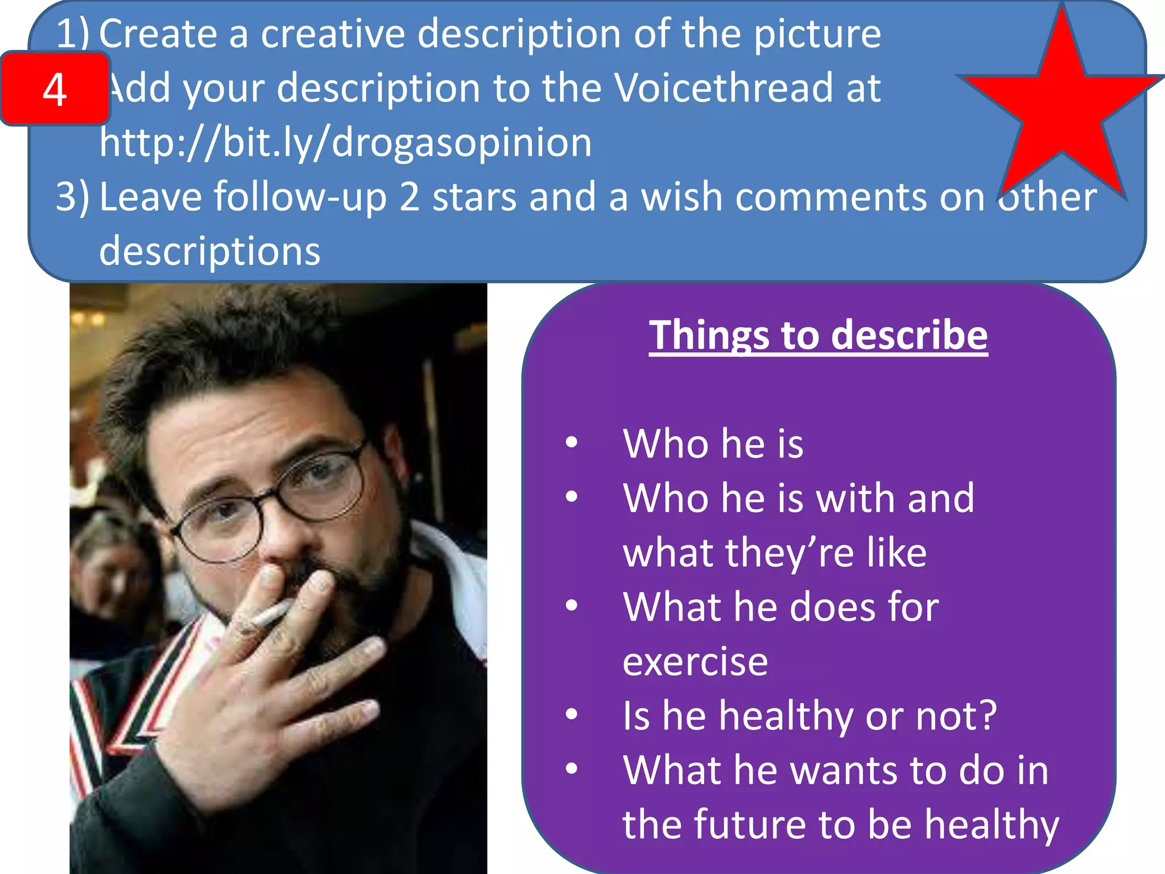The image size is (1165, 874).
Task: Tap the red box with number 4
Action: coord(55,89)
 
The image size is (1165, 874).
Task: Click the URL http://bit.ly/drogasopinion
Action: coord(345,142)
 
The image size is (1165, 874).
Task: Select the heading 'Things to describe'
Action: coord(818,335)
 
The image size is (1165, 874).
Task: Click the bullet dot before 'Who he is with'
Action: coord(572,497)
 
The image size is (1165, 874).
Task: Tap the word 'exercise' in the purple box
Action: coord(695,661)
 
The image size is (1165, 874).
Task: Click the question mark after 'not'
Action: coord(987,715)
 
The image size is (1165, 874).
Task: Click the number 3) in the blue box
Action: coord(72,197)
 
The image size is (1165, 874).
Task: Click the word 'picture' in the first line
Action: coord(817,34)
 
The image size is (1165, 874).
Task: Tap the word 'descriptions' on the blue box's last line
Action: coord(209,251)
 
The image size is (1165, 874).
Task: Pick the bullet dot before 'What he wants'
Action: coord(572,769)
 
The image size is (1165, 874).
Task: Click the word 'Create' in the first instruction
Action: coord(158,34)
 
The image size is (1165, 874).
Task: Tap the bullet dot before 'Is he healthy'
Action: coord(572,714)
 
